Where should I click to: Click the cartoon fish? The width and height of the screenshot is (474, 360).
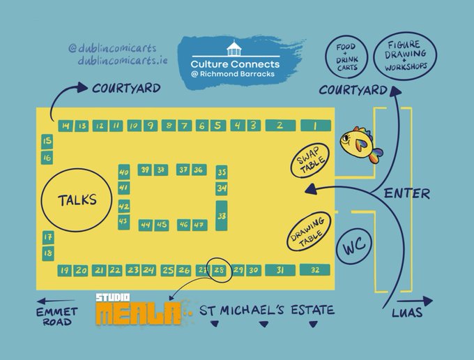click(x=360, y=145)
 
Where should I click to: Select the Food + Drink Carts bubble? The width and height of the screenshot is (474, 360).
click(x=345, y=57)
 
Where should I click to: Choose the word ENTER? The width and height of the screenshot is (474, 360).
click(x=406, y=193)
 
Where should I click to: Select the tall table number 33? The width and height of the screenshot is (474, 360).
click(x=222, y=216)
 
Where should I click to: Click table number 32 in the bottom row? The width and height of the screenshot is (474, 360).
click(x=315, y=270)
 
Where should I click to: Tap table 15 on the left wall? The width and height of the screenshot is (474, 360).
click(x=47, y=142)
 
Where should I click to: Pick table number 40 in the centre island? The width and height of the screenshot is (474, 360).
click(x=124, y=172)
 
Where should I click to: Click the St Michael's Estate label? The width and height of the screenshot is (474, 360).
click(x=267, y=310)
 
